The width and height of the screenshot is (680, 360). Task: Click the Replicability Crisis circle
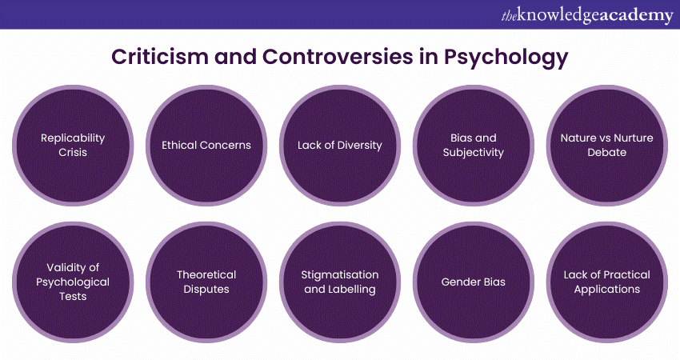pos(73,146)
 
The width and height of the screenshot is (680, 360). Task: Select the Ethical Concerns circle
pos(206,146)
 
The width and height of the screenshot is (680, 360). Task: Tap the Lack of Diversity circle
pos(340,146)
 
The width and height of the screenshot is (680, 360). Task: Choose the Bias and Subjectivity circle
pos(474,146)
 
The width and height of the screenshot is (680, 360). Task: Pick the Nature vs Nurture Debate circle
pos(607,146)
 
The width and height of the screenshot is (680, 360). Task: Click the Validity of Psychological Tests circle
pos(73,282)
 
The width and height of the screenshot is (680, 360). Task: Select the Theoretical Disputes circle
pos(206,282)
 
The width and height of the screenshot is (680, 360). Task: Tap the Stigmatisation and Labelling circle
pos(340,282)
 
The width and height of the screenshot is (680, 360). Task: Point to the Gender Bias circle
pos(474,282)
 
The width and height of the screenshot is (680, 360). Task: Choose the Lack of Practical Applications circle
pos(607,282)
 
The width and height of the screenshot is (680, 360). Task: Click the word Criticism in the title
pos(160,56)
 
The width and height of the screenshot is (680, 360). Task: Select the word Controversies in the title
pos(338,56)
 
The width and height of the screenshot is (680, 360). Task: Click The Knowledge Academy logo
pos(587,15)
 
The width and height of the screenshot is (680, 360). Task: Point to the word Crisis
pos(73,152)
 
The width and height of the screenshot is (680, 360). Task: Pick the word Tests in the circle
pos(73,296)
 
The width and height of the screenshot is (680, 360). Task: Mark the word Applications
pos(607,290)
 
